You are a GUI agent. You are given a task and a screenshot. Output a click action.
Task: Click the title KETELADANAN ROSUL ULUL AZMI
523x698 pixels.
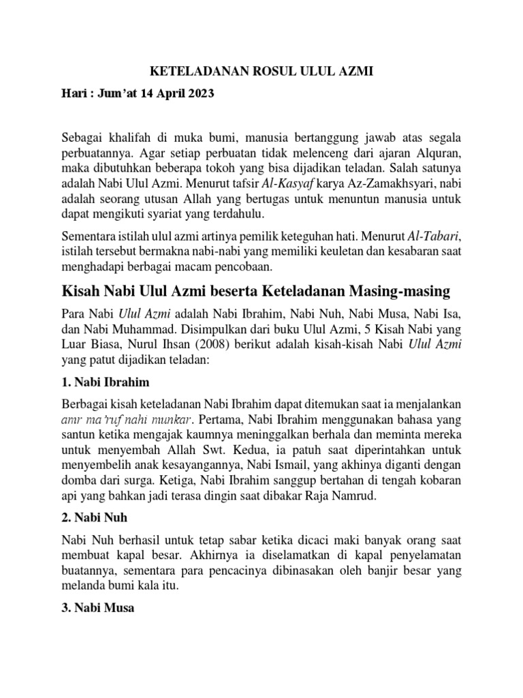(x=261, y=71)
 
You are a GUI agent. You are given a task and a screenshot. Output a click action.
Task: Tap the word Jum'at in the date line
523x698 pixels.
(x=113, y=93)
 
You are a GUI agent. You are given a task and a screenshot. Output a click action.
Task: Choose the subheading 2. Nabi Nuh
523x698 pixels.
(x=93, y=517)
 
